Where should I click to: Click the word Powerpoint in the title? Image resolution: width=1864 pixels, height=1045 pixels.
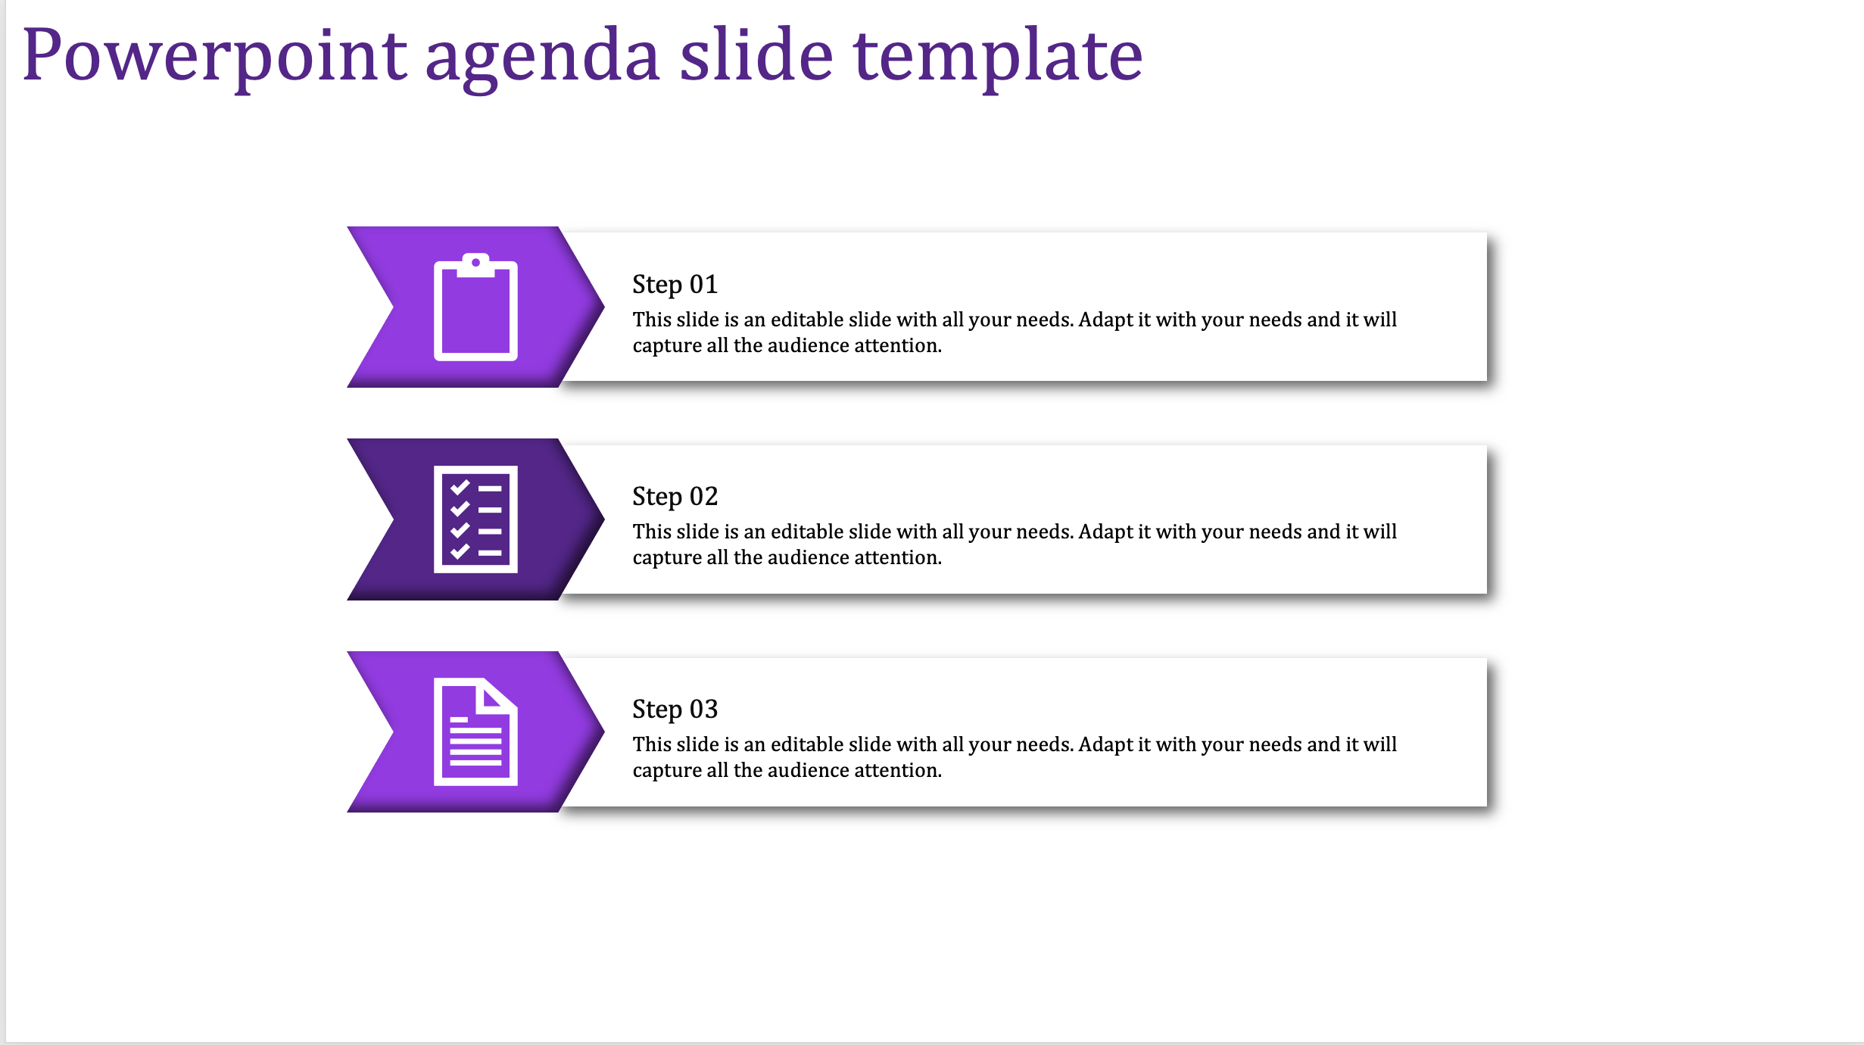point(214,57)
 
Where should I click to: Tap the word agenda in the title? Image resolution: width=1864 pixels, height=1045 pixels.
point(542,60)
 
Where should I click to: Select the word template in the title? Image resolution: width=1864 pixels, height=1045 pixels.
point(998,58)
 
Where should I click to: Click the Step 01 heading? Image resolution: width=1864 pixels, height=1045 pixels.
point(675,285)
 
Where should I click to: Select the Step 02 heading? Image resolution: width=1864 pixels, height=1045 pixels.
point(675,497)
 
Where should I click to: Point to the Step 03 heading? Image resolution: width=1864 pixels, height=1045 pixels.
point(675,710)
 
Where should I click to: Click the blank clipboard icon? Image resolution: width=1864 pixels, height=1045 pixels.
point(475,307)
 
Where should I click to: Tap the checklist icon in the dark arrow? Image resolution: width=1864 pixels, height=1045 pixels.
point(475,519)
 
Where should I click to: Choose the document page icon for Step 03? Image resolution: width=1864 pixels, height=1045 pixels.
point(475,731)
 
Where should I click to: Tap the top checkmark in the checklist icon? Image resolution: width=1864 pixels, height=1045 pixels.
point(460,488)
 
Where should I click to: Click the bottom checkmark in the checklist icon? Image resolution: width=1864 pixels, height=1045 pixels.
point(460,552)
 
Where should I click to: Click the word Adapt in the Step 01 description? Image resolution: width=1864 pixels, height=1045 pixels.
point(1105,320)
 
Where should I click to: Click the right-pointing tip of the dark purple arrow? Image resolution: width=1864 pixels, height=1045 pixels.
point(604,519)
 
